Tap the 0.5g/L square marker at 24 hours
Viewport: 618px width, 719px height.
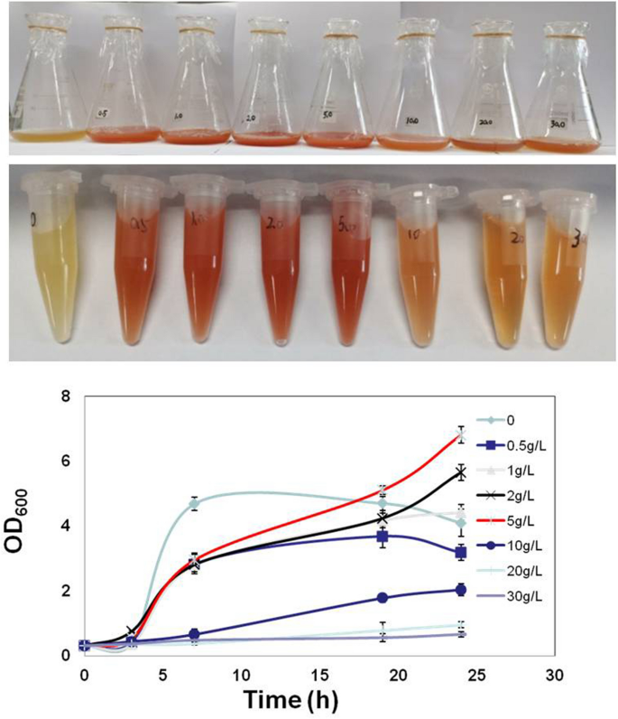(x=461, y=552)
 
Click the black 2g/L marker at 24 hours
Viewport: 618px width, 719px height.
(x=461, y=472)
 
